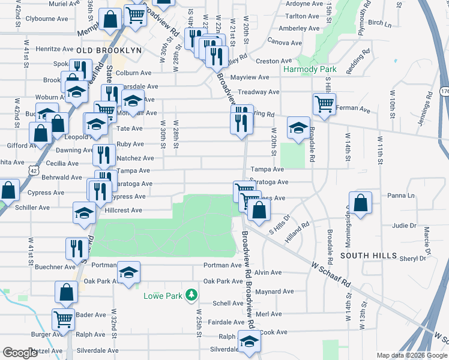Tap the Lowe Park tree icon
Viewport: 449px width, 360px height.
point(191,294)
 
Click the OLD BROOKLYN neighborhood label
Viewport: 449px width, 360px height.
point(109,51)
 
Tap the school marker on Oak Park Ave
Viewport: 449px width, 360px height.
point(128,273)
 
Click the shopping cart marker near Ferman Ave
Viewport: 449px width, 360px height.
point(324,104)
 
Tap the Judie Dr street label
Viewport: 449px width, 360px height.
point(404,226)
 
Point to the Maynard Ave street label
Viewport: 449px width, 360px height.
point(274,292)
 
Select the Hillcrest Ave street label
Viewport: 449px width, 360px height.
point(123,211)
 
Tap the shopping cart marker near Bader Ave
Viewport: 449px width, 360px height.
point(62,320)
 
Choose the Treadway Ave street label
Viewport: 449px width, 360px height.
point(258,92)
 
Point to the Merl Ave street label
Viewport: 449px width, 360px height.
point(268,314)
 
